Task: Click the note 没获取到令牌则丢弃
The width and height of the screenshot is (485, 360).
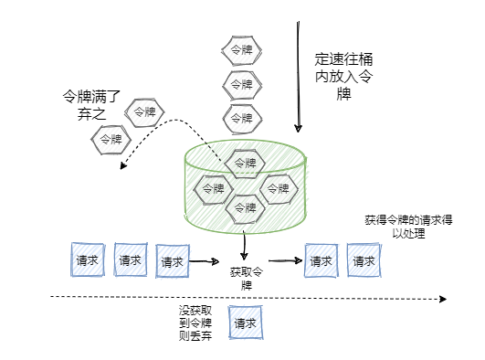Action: (196, 323)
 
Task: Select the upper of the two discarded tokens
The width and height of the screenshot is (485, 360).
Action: (144, 112)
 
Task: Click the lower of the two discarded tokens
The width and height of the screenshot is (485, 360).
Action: (109, 140)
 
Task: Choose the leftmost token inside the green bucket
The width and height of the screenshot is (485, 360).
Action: (213, 188)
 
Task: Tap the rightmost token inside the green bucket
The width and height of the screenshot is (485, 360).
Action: (279, 188)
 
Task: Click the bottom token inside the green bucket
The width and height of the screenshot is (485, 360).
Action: (245, 208)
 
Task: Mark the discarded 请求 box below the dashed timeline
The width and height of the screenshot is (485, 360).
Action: (245, 323)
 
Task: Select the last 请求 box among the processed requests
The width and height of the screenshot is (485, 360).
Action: (364, 260)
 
